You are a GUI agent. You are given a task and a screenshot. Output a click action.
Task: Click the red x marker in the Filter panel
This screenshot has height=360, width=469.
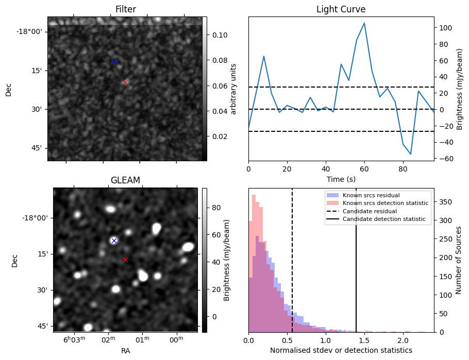125,82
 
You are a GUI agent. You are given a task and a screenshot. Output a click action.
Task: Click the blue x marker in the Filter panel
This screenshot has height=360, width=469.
114,61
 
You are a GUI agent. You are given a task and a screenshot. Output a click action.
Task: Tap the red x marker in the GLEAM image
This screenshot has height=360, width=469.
125,260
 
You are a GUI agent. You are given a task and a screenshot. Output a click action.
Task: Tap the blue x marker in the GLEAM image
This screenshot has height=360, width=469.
114,241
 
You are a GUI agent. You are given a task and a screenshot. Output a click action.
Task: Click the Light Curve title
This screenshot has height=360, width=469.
341,9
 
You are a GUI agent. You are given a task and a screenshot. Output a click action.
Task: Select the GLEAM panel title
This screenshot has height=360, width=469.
125,180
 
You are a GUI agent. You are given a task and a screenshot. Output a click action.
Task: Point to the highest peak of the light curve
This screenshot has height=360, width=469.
364,23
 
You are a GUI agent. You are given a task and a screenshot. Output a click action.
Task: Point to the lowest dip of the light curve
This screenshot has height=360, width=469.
411,154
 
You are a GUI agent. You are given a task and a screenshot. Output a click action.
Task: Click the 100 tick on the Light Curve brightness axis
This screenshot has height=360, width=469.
445,27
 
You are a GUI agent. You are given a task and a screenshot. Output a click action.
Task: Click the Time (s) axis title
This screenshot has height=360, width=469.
341,179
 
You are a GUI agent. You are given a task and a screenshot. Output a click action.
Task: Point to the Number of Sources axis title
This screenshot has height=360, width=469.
459,260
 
